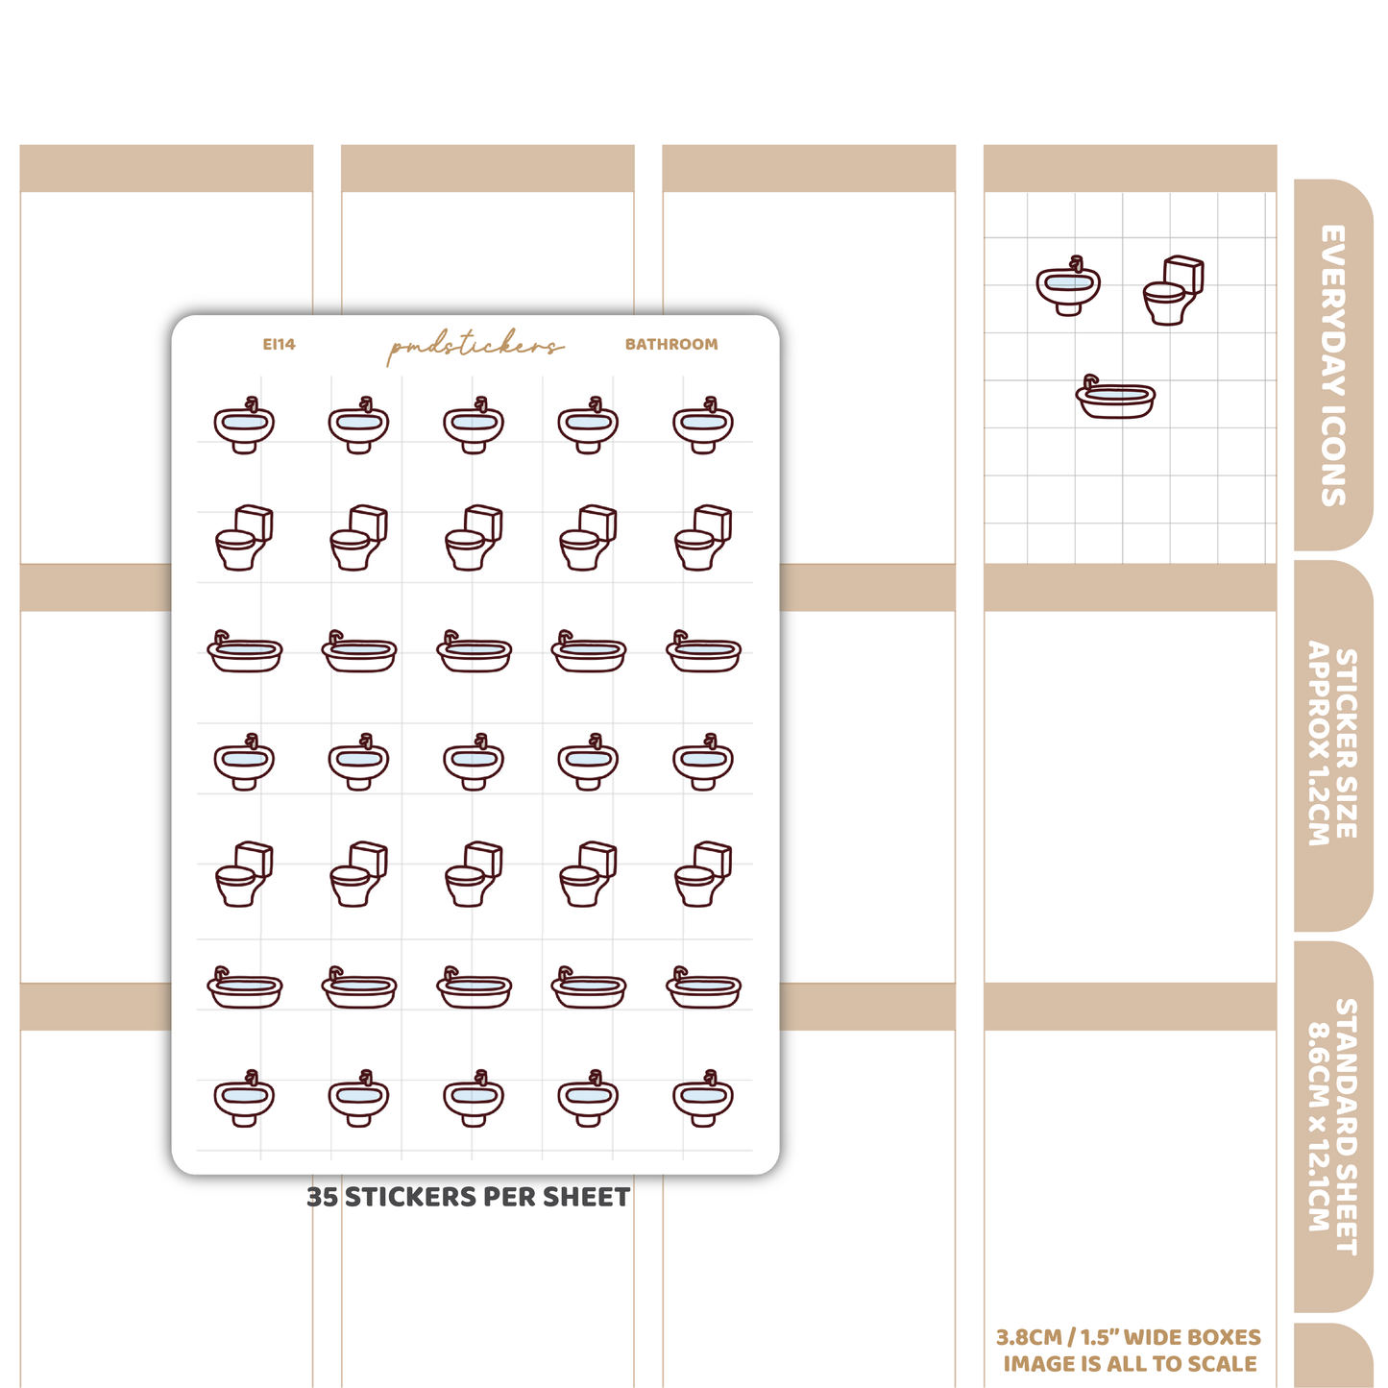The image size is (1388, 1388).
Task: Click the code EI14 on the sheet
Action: coord(279,344)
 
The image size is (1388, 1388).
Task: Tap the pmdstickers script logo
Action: coord(475,347)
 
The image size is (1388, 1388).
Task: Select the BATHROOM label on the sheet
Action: coord(671,344)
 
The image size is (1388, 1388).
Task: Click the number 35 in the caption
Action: coord(322,1197)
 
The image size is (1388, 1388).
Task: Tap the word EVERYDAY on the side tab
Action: coord(1333,310)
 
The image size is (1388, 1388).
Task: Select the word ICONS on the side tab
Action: coord(1333,456)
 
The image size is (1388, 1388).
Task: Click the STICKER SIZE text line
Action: coord(1347,743)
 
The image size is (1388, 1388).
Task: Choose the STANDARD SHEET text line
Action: coord(1347,1128)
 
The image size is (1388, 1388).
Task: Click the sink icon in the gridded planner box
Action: coord(1068,285)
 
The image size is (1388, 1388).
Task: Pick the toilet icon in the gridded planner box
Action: coord(1174,290)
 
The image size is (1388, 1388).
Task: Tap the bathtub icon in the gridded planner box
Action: coord(1115,396)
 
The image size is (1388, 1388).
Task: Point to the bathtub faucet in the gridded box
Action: coord(1090,381)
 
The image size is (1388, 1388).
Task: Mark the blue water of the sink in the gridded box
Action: coord(1067,281)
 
